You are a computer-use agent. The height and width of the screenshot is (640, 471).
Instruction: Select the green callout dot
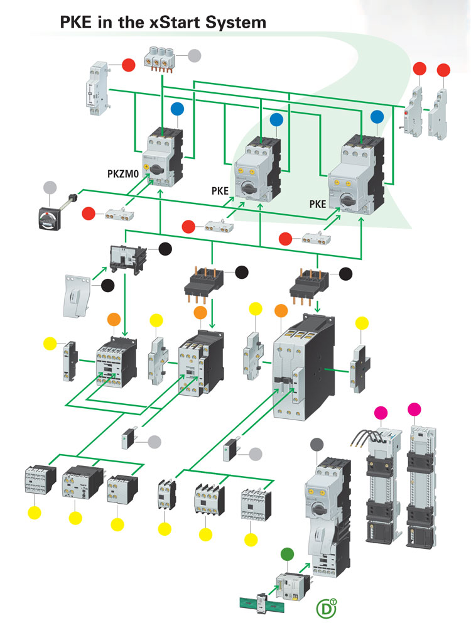(286, 554)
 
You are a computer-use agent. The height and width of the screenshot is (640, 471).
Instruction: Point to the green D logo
(325, 609)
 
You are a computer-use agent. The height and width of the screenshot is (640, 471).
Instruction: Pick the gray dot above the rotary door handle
(50, 187)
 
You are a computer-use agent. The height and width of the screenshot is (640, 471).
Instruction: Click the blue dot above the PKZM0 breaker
(177, 109)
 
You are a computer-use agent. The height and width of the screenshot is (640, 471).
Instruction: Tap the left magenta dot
(381, 412)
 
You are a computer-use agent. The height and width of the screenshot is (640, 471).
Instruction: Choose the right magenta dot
(415, 409)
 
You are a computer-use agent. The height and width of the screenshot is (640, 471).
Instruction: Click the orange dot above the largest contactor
(281, 311)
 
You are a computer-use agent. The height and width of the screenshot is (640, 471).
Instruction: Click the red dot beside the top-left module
(128, 65)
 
